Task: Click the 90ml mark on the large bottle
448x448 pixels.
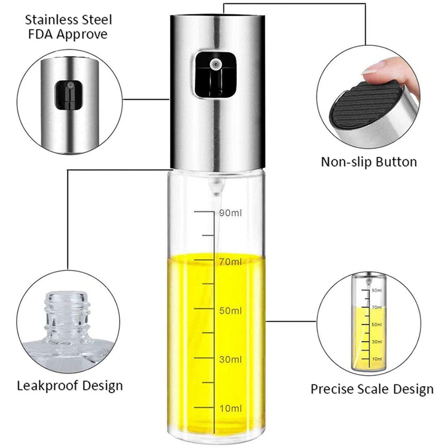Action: (x=231, y=213)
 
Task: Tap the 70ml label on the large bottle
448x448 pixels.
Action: (x=231, y=262)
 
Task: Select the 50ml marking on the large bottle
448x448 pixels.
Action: (x=231, y=310)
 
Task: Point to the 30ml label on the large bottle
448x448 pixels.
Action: (x=231, y=359)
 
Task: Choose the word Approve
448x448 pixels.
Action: (x=84, y=35)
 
